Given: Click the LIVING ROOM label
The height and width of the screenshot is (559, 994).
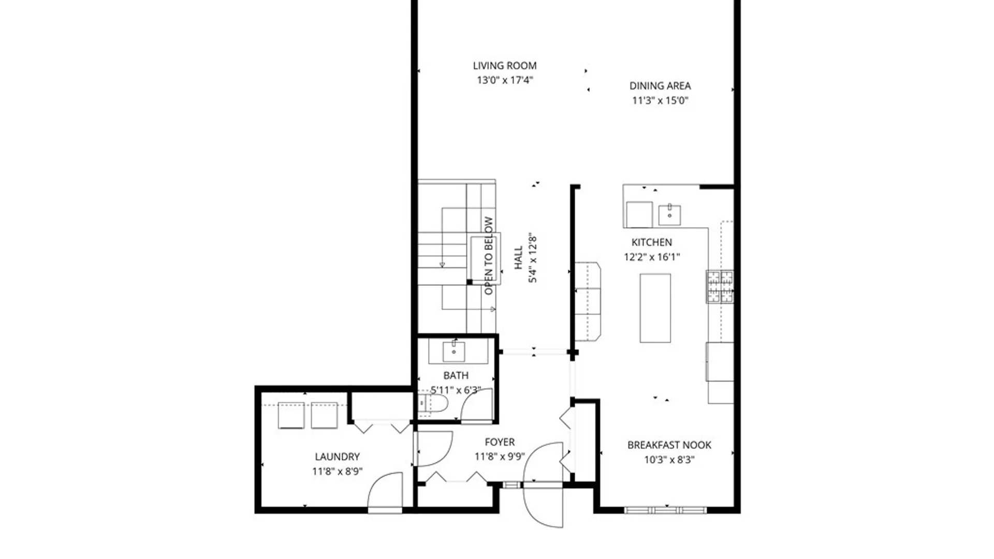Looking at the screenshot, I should coord(504,66).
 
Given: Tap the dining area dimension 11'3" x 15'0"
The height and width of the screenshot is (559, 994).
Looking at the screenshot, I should coord(660,100).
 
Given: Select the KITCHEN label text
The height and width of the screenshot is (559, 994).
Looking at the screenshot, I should coord(651,242).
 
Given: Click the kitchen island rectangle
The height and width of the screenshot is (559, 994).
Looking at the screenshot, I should coord(655,308).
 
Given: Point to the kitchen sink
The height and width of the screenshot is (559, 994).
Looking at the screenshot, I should coord(669,215).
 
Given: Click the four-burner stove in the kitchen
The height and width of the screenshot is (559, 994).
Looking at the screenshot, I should coord(720,286).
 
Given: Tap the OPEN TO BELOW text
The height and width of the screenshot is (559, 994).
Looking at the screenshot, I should coord(488,256).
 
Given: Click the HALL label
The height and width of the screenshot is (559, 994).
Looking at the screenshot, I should coord(518,258).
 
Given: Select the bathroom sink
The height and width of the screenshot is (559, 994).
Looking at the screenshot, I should coord(454,352).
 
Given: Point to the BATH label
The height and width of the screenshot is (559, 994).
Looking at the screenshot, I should coord(456,375).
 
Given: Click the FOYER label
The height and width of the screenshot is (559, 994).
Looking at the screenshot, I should coord(500,442).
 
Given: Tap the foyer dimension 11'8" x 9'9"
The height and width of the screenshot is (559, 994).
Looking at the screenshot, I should coord(500,457).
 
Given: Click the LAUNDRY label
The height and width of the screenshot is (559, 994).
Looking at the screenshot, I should coord(337,457).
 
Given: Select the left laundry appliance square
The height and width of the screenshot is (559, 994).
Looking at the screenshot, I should coord(291,416).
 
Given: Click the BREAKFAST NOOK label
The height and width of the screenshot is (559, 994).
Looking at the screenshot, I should coord(669,445).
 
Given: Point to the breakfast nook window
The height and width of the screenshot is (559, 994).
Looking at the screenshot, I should coord(665,510).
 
